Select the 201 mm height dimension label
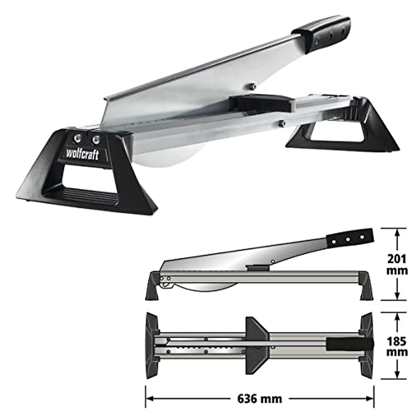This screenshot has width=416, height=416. click(x=397, y=264)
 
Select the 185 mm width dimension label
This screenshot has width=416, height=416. click(x=397, y=346)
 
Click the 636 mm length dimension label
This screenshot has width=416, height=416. click(x=259, y=399)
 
